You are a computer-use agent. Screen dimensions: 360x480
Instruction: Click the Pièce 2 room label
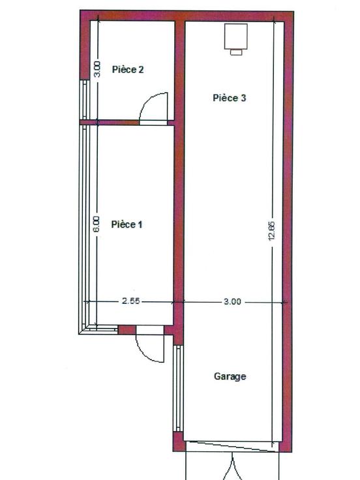point(128,70)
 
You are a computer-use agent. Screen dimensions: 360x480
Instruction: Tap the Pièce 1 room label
point(127,224)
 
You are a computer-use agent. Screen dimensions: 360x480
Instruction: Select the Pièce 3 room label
point(230,98)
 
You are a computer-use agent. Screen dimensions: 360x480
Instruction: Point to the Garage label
point(230,376)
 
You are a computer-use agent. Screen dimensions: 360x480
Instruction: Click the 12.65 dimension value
point(272,230)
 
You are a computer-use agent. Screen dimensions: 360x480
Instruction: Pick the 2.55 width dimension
point(130,301)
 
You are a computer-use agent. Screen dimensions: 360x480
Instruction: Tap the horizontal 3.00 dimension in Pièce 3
point(232,301)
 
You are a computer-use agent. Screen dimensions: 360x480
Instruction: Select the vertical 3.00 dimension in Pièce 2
point(97,69)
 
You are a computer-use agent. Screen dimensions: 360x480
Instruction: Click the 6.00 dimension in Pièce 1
point(97,224)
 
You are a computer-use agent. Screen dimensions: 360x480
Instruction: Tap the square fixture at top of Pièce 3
point(235,36)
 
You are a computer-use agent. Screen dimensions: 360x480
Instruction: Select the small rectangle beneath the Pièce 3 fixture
point(236,52)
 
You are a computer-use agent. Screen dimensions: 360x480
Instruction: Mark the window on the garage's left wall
point(178,389)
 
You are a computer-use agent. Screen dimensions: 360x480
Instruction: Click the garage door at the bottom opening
point(233,446)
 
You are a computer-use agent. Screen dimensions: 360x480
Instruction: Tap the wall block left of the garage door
point(179,442)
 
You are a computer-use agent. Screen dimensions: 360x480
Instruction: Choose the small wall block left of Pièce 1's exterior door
point(127,330)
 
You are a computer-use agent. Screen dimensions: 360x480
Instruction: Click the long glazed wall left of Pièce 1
point(83,226)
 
